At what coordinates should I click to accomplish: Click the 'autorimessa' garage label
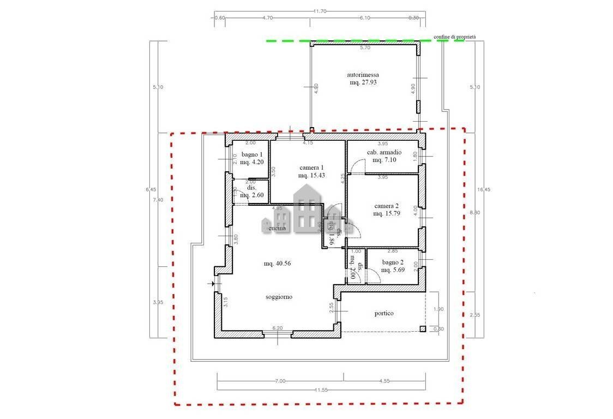point(363,75)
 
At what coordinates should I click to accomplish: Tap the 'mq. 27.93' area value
point(363,82)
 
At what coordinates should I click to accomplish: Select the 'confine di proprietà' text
point(454,37)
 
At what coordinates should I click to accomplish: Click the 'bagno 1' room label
point(252,154)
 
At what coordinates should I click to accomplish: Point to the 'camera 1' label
point(311,167)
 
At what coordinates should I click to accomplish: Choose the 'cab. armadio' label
point(384,152)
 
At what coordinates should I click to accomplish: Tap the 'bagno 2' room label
point(392,262)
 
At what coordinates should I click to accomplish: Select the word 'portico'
point(384,313)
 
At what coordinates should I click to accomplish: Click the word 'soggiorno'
point(279,297)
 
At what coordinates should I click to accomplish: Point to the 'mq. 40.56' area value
point(277,264)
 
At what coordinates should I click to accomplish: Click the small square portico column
point(422,328)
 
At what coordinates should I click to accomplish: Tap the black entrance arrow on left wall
point(213,284)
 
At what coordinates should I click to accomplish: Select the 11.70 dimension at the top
point(320,11)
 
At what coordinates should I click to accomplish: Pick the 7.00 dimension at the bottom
point(280,381)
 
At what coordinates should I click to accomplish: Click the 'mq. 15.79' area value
point(387,214)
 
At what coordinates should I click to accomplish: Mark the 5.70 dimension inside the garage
point(364,48)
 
